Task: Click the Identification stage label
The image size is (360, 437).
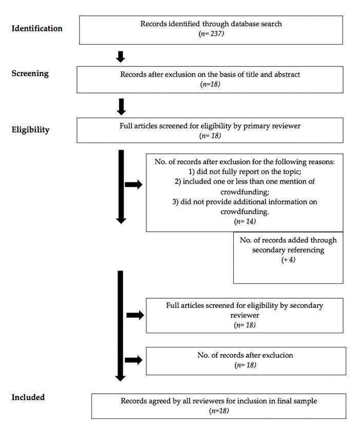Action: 37,28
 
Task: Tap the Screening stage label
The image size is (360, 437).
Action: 30,74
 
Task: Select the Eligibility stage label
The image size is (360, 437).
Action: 31,130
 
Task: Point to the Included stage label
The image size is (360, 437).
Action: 28,397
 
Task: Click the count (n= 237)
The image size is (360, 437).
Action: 211,34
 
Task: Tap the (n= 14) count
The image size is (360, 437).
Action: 245,221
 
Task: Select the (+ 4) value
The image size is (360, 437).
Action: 288,260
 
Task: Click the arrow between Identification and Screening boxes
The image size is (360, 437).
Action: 121,57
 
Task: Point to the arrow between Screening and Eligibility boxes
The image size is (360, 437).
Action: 121,107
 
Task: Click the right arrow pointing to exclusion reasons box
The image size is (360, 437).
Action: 134,185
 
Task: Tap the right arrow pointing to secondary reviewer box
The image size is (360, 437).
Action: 135,315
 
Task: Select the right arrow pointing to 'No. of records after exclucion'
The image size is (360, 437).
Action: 134,360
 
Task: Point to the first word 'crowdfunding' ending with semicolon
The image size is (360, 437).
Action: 245,192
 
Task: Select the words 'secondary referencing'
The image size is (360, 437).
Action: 288,250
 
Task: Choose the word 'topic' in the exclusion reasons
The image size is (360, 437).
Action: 292,172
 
